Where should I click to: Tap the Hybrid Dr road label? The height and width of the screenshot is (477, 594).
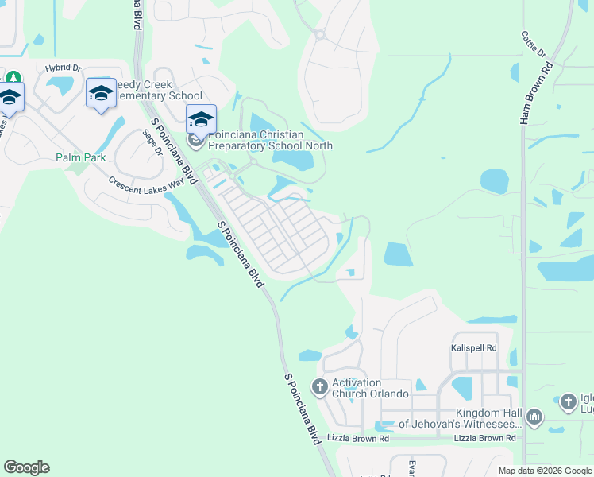tap(64, 68)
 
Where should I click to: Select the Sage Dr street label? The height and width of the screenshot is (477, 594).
tap(152, 142)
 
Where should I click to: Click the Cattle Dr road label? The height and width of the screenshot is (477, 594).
tap(533, 45)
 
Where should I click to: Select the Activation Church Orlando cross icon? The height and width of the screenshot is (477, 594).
tap(320, 388)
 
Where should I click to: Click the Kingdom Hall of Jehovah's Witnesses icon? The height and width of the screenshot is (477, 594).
tap(534, 417)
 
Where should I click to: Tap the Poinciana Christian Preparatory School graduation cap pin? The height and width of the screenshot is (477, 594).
tap(201, 120)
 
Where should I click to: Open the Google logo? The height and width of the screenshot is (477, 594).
tap(26, 467)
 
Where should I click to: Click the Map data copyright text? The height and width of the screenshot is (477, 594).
tap(545, 471)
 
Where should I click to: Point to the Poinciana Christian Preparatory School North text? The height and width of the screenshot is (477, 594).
tap(270, 140)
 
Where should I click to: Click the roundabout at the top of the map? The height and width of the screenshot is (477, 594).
tap(319, 34)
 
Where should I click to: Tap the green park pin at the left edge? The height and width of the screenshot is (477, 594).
tap(13, 79)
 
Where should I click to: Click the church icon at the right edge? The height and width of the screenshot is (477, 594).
tap(568, 402)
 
